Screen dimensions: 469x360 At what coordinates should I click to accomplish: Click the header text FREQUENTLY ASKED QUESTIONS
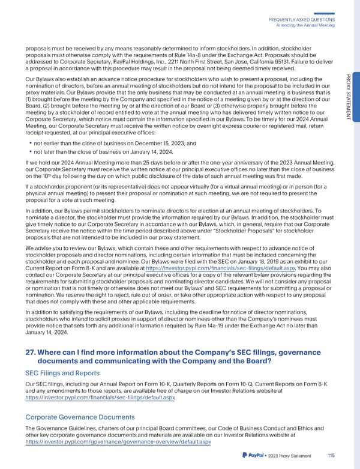tap(305, 19)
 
